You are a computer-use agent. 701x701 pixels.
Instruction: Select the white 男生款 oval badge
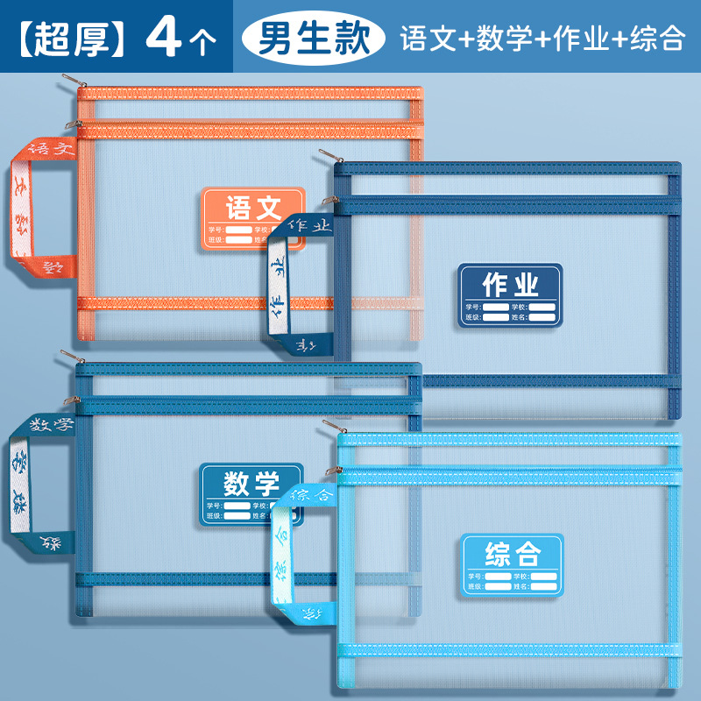[313, 37]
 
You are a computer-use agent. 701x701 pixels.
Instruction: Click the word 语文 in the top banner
[428, 38]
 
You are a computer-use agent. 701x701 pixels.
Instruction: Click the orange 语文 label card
[254, 218]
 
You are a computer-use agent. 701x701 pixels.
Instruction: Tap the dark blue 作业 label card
[510, 296]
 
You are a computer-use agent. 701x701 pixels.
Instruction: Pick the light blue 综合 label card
[511, 565]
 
